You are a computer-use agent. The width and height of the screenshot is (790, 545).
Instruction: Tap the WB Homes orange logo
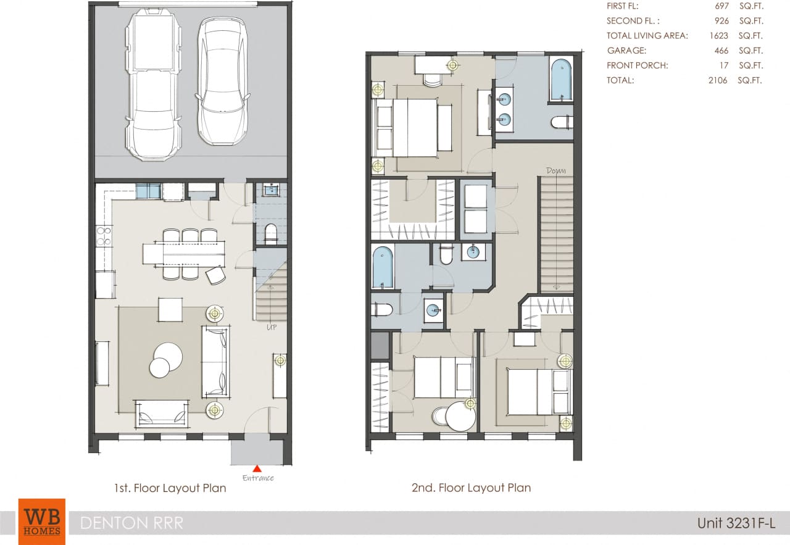42,521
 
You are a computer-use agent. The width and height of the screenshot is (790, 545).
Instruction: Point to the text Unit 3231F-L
736,523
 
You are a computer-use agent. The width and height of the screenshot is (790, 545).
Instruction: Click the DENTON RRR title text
132,523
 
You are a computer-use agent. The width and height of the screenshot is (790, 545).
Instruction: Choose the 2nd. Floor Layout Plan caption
471,488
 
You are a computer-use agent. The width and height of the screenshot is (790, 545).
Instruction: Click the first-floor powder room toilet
270,233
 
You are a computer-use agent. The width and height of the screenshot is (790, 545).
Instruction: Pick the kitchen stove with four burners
104,236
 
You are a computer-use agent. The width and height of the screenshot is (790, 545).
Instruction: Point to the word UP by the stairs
271,327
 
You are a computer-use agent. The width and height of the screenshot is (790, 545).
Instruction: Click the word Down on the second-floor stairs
555,170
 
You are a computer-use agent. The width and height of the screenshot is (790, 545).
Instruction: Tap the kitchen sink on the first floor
148,191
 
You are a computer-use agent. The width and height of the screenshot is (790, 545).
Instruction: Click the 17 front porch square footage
723,65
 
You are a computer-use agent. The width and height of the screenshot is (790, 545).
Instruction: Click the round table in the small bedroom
460,417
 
